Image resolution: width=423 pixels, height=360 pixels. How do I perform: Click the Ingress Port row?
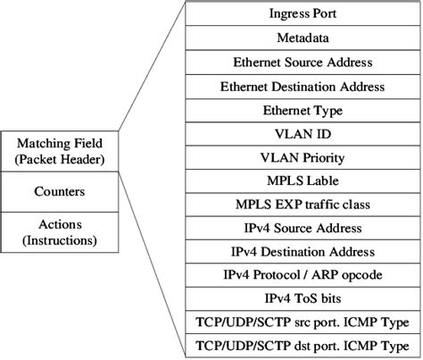pyautogui.click(x=303, y=14)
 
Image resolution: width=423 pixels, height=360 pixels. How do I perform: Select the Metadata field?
pyautogui.click(x=303, y=38)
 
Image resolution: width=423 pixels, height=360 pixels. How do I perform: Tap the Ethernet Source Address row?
pyautogui.click(x=303, y=63)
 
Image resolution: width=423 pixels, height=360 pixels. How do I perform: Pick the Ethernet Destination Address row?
pyautogui.click(x=303, y=87)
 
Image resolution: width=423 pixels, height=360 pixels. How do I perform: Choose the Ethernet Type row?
pyautogui.click(x=303, y=110)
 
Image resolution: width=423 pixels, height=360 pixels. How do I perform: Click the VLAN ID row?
pyautogui.click(x=303, y=134)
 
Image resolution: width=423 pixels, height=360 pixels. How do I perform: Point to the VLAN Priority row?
pyautogui.click(x=303, y=157)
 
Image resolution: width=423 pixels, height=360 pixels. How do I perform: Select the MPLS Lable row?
pyautogui.click(x=303, y=180)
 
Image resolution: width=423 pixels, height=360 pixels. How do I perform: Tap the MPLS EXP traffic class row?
pyautogui.click(x=303, y=205)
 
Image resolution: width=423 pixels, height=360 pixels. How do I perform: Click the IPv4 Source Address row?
pyautogui.click(x=303, y=229)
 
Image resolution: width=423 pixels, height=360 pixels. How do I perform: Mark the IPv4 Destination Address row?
pyautogui.click(x=303, y=252)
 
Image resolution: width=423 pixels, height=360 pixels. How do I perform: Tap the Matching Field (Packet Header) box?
pyautogui.click(x=60, y=150)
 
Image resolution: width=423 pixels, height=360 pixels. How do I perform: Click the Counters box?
pyautogui.click(x=60, y=191)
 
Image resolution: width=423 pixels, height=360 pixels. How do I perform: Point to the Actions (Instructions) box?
pyautogui.click(x=60, y=231)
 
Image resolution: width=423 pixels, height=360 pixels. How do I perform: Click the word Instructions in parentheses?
pyautogui.click(x=60, y=240)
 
